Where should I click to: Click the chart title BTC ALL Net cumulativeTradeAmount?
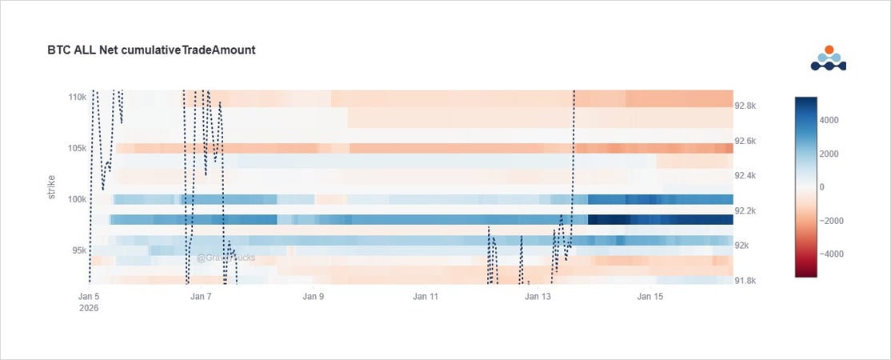[x=151, y=50]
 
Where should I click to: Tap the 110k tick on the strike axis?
[x=77, y=97]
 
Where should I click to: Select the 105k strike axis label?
[x=77, y=148]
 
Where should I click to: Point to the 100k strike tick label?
[x=77, y=199]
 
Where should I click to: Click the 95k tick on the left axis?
[x=79, y=250]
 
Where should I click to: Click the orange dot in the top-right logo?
[x=829, y=50]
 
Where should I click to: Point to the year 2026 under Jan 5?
[x=90, y=308]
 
